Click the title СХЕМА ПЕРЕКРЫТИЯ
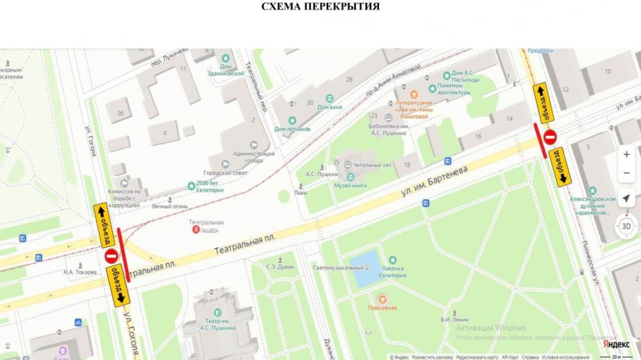pyautogui.click(x=320, y=7)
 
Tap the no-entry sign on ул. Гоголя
pyautogui.click(x=111, y=256)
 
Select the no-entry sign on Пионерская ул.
pyautogui.click(x=550, y=136)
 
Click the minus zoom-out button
pyautogui.click(x=626, y=174)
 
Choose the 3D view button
pyautogui.click(x=626, y=226)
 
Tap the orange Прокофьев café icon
pyautogui.click(x=382, y=299)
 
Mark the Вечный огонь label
pyautogui.click(x=169, y=206)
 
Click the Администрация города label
pyautogui.click(x=254, y=157)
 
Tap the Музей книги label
pyautogui.click(x=350, y=185)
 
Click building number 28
pyautogui.click(x=349, y=79)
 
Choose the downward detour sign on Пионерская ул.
pyautogui.click(x=562, y=166)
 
